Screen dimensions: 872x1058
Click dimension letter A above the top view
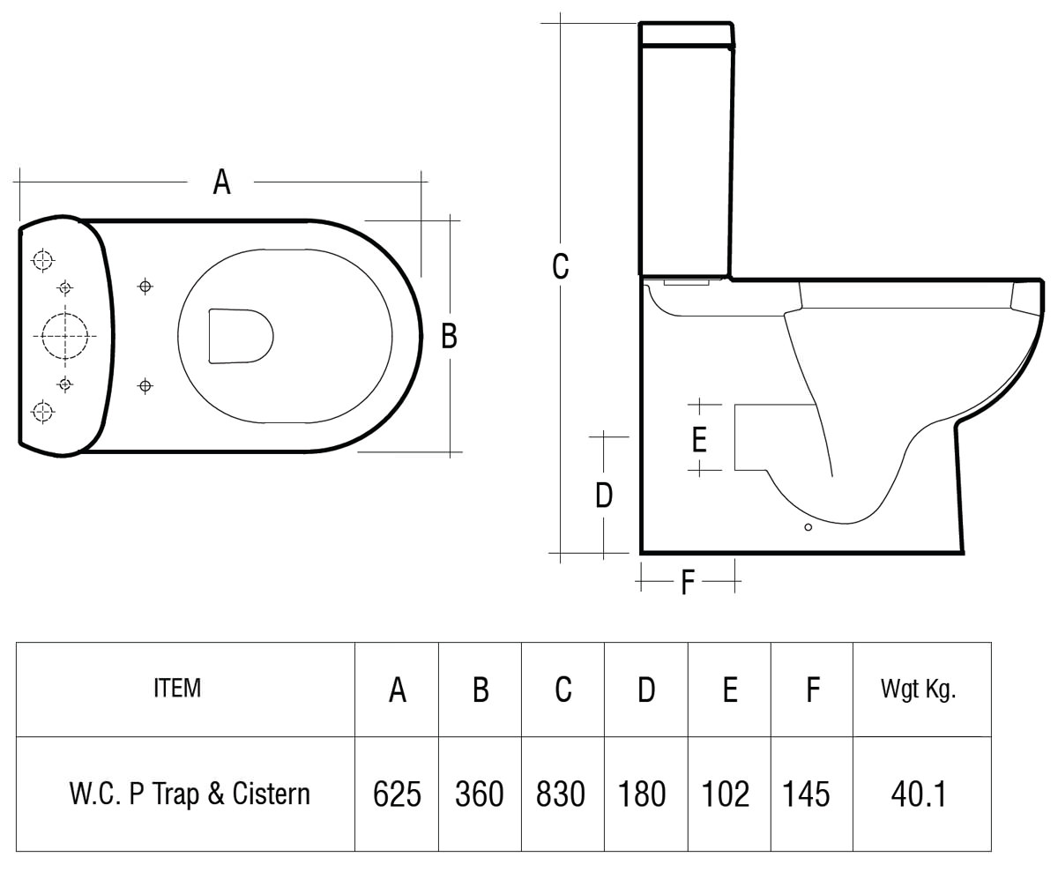pos(221,183)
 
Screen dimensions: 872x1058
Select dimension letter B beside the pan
pos(449,336)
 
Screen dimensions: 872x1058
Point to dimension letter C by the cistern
pos(560,266)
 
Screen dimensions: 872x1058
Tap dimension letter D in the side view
pos(603,496)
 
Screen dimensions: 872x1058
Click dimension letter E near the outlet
pos(699,439)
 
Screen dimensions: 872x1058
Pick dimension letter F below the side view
pos(688,582)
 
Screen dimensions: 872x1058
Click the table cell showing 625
pos(397,794)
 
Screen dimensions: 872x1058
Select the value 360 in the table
pos(479,794)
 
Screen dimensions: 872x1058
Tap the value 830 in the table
pos(561,794)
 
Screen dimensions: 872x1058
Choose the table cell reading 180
pos(642,794)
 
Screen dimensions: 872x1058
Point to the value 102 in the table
pos(725,794)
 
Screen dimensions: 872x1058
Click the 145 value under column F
pos(806,794)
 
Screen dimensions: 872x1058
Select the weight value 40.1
pos(919,794)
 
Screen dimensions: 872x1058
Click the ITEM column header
pos(177,689)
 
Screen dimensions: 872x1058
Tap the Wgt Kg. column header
pos(919,689)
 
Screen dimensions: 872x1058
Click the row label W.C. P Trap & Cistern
pos(190,794)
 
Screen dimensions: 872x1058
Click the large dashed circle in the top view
pos(65,336)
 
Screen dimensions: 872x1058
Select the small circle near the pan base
pos(808,527)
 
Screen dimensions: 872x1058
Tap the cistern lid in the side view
pos(686,34)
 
